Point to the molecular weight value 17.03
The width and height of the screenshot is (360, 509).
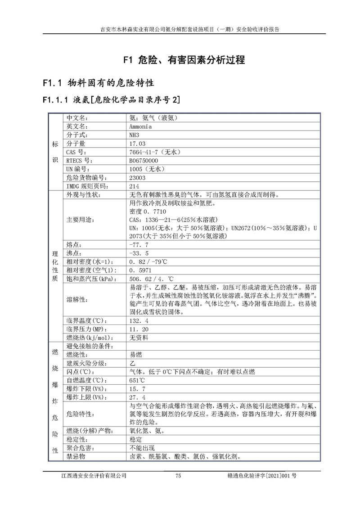tap(137, 144)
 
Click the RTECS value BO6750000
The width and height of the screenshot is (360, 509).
tap(144, 161)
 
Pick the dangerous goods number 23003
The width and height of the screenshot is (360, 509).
tap(138, 178)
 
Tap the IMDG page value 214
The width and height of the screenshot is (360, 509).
tap(134, 186)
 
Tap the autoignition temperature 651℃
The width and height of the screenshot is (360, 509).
tap(137, 380)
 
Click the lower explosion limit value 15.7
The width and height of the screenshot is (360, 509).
tap(137, 389)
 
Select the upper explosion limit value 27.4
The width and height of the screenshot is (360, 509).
tap(137, 397)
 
